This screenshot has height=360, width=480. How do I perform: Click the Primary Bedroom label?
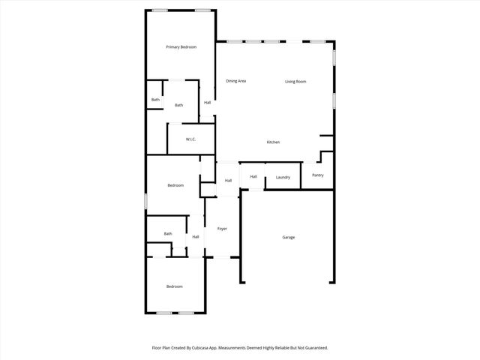181,47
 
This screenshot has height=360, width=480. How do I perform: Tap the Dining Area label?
236,81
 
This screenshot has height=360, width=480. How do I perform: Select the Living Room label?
295,81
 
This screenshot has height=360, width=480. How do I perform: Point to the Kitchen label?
274,142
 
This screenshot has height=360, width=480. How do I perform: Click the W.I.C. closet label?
191,139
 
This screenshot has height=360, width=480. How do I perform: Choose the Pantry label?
318,175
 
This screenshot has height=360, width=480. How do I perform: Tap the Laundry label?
283,177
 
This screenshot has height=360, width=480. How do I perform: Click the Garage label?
288,237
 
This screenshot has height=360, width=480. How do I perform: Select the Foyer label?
222,228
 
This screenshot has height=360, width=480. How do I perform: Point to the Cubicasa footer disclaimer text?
240,348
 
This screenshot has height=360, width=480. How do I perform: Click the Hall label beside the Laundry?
253,176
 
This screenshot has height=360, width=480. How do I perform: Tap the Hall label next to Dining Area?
207,103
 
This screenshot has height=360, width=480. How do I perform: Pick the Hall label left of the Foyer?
196,237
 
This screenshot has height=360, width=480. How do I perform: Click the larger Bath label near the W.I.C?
179,105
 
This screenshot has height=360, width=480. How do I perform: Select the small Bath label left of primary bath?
155,100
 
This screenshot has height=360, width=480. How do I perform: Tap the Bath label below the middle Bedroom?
168,233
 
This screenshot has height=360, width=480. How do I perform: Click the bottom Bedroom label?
174,286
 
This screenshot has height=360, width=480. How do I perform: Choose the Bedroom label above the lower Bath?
175,185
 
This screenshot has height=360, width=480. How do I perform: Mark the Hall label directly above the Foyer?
228,181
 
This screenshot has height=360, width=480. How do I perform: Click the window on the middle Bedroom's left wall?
145,201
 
